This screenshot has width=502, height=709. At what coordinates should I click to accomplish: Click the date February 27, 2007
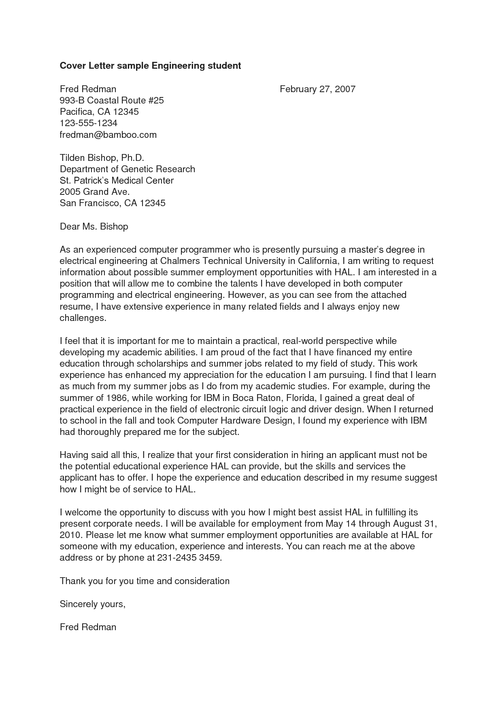[317, 89]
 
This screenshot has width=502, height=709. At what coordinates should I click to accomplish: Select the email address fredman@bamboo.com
[108, 135]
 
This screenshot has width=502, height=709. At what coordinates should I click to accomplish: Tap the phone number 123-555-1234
[89, 123]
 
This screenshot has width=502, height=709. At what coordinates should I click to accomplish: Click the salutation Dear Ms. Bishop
[94, 226]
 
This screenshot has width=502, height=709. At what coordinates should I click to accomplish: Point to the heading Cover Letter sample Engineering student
[150, 65]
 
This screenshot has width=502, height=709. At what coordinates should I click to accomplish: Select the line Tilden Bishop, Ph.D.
[102, 158]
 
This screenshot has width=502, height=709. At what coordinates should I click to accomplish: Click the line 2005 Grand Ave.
[95, 192]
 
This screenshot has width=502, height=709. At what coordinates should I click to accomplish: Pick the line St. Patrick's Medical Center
[117, 180]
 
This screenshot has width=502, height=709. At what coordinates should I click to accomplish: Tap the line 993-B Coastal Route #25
[112, 100]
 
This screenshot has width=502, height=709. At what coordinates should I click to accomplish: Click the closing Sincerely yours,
[93, 604]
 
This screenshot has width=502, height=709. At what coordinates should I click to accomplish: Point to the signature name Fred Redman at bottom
[88, 627]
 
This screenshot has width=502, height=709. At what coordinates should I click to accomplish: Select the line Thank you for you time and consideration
[145, 581]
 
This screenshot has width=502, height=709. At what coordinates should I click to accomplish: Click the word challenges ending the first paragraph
[83, 318]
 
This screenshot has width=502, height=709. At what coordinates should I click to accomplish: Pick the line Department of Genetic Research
[128, 169]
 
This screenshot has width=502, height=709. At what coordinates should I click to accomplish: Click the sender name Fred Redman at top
[88, 89]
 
